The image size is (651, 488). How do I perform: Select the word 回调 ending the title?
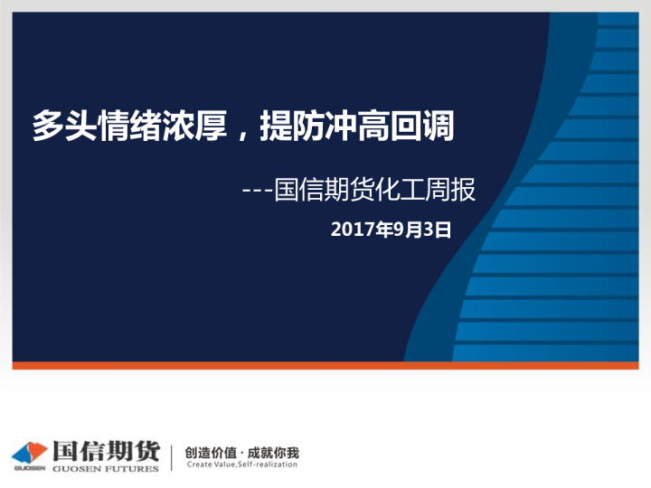tap(432, 127)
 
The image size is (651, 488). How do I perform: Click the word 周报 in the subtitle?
tap(452, 190)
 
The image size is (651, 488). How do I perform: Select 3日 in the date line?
tap(437, 230)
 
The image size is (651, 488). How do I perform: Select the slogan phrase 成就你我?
tap(273, 451)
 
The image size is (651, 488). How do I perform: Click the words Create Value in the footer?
tap(210, 465)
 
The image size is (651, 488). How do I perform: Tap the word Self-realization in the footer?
tap(268, 465)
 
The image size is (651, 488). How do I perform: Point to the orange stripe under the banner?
tap(325, 366)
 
